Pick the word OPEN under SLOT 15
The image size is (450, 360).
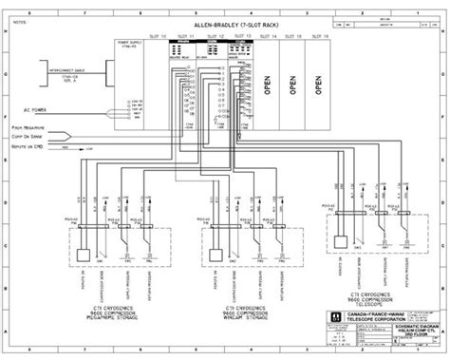click(x=295, y=82)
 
